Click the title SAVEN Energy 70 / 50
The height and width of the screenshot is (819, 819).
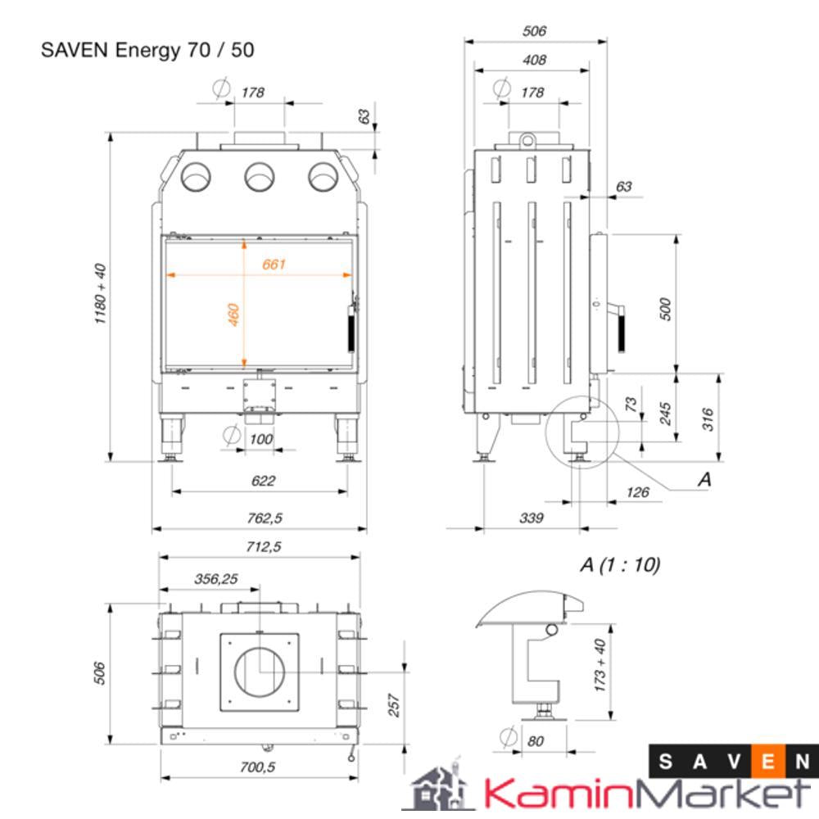coord(147,50)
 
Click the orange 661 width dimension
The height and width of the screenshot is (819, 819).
coord(274,264)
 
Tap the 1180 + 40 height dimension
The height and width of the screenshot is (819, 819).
coord(101,294)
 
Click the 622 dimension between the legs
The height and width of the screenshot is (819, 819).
coord(263,481)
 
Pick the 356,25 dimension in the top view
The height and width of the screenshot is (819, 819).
coord(216,578)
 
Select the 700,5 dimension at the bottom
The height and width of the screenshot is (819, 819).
coord(259,767)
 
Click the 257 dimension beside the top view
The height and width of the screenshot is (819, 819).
coord(393,705)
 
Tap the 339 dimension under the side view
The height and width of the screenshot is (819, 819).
coord(531,518)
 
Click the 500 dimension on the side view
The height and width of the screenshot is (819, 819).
coord(665,309)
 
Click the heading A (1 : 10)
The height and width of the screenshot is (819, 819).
coord(619,564)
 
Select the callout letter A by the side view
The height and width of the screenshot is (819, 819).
coord(704,480)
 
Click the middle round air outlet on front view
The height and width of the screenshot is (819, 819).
coord(260,175)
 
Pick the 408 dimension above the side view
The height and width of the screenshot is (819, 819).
coord(533,60)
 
